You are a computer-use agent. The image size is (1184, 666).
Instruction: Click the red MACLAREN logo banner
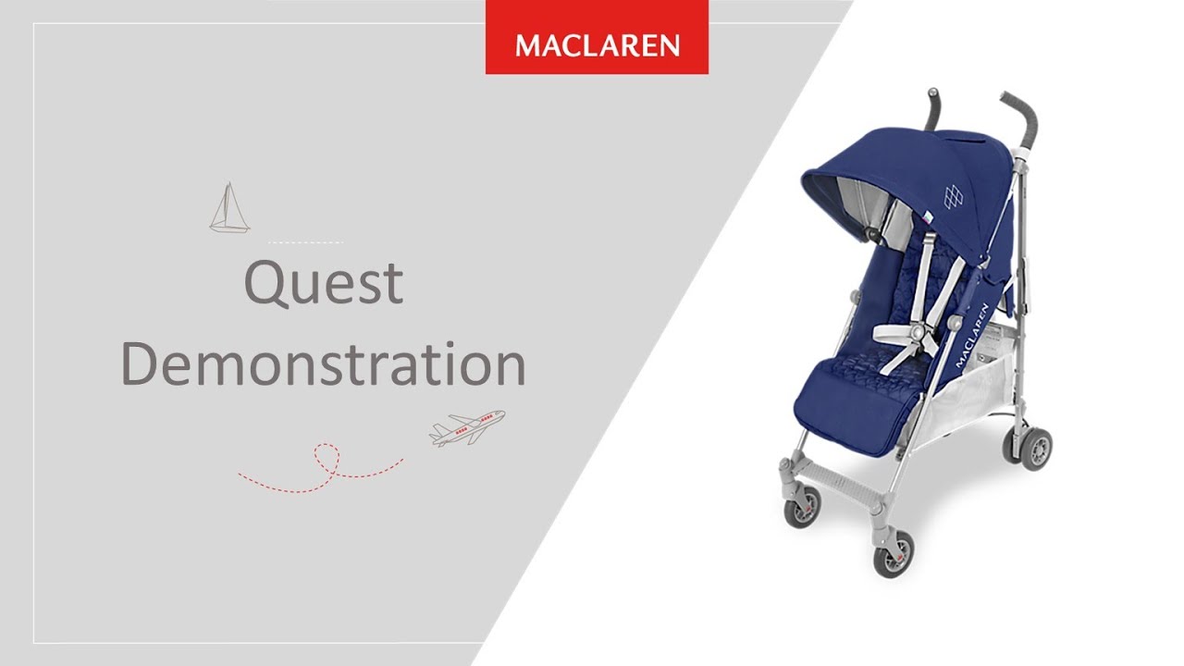click(597, 45)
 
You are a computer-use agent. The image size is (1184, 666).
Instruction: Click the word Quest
click(323, 283)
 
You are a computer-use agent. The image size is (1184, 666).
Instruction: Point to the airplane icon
click(467, 428)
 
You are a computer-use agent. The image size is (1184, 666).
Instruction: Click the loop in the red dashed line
click(325, 457)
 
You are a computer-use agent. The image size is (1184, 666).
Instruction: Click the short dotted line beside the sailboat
click(305, 242)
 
